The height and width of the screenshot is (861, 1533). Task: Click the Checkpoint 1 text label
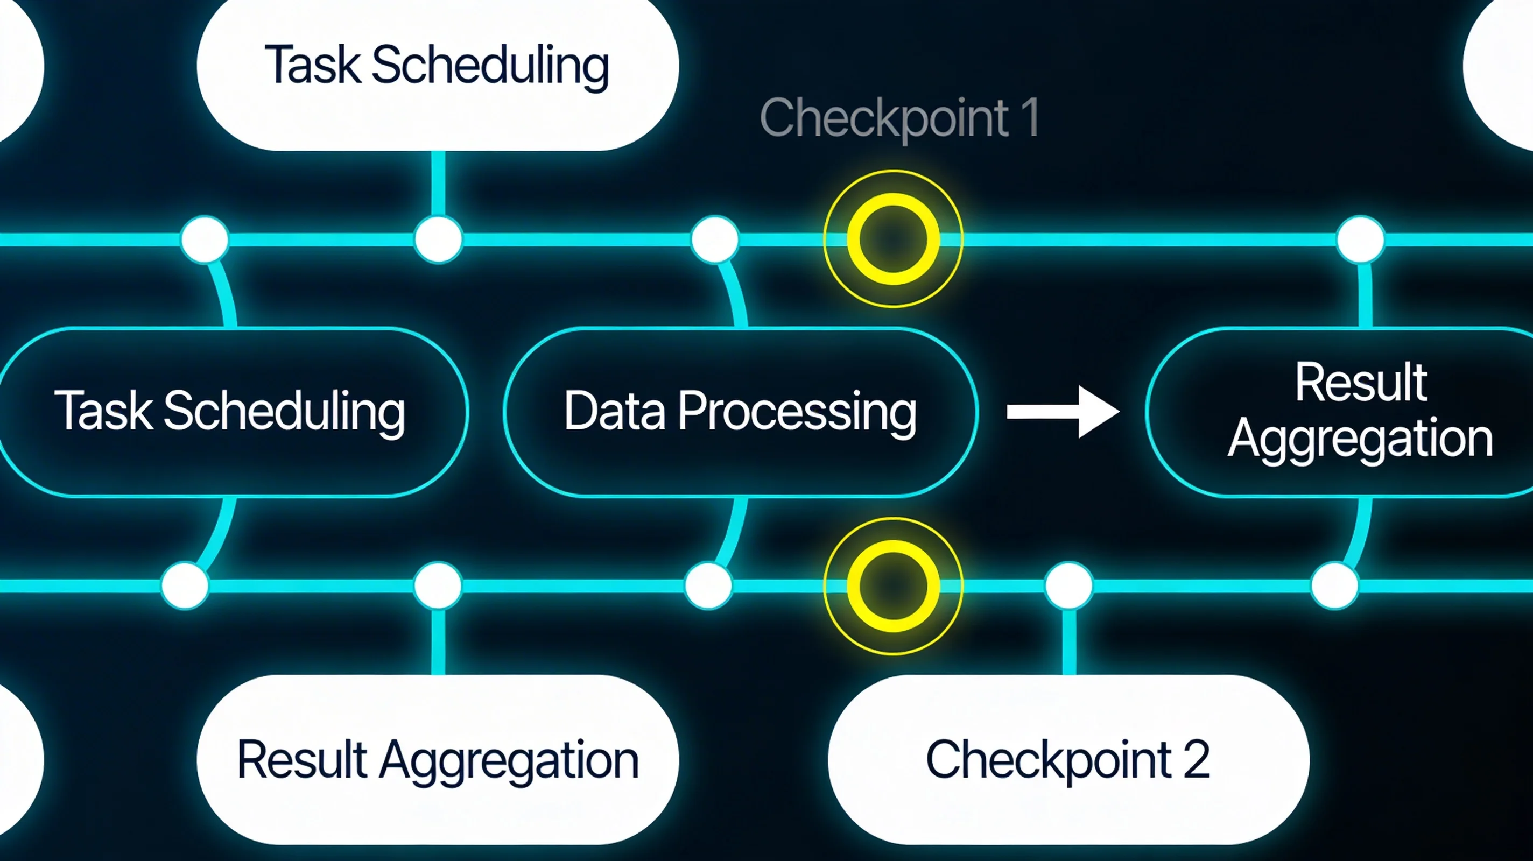point(899,118)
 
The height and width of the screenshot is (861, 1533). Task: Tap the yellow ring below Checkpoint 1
point(892,238)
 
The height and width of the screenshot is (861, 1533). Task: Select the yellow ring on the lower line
point(892,586)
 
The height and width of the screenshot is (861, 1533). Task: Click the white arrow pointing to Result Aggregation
point(1062,412)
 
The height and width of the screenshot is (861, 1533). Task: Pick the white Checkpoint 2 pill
point(1068,759)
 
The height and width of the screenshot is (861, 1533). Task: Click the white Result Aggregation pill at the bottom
point(438,759)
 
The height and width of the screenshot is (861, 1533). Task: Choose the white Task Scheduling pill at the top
point(438,66)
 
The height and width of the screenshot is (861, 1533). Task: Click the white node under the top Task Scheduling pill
point(438,239)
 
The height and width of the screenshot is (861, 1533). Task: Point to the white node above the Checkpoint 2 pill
point(1069,585)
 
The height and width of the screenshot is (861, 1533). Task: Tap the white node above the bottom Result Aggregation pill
point(438,585)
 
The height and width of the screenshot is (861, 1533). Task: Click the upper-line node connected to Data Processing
point(715,239)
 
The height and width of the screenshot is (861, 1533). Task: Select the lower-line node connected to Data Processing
point(708,585)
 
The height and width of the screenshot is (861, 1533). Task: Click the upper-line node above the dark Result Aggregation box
point(1360,239)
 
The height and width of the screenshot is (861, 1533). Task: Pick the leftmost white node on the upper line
point(204,239)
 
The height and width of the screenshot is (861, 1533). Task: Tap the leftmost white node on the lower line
point(185,585)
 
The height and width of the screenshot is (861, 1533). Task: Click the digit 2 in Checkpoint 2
point(1196,759)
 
